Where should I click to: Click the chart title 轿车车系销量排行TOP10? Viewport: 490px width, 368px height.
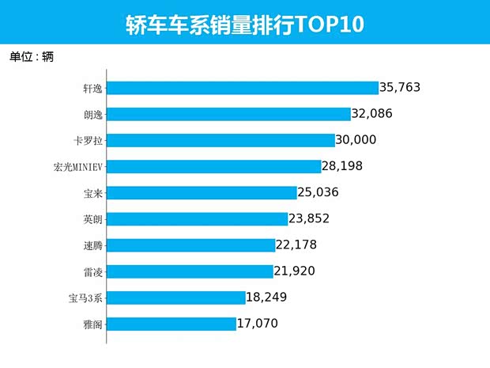(x=245, y=24)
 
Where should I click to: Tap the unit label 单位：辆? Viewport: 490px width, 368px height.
(x=32, y=57)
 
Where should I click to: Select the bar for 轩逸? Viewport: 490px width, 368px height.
(x=242, y=88)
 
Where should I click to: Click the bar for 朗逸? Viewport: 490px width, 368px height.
(x=228, y=114)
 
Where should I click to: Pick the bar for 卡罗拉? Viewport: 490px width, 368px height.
(x=220, y=140)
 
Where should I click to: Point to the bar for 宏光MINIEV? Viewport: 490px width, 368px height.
(x=213, y=166)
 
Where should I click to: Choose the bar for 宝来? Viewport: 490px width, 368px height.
(x=201, y=192)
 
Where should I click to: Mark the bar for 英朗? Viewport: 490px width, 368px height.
(x=196, y=218)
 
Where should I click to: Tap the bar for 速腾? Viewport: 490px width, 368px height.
(x=190, y=245)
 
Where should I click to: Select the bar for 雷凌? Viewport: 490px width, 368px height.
(x=189, y=271)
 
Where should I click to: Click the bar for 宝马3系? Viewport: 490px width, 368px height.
(x=175, y=298)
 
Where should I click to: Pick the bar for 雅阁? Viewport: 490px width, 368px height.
(x=171, y=324)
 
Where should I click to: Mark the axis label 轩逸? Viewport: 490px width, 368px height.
(x=92, y=88)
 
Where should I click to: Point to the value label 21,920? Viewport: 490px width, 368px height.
(x=300, y=271)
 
